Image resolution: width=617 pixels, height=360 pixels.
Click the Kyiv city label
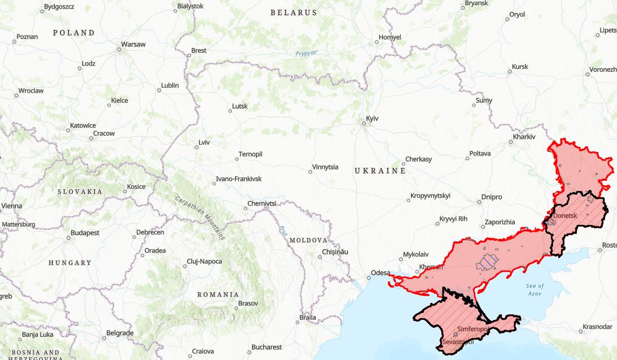(x=372, y=118)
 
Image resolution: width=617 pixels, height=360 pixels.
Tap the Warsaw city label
(x=133, y=44)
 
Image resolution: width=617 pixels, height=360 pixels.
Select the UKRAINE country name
(x=380, y=171)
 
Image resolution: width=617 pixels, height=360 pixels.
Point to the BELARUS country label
(x=294, y=12)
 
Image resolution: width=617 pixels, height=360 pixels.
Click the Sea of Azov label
(x=535, y=289)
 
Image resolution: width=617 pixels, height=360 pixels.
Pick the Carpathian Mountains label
(x=200, y=218)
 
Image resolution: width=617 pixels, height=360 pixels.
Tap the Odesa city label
(x=380, y=273)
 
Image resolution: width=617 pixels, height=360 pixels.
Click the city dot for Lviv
(x=196, y=148)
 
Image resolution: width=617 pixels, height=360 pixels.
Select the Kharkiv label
(x=524, y=137)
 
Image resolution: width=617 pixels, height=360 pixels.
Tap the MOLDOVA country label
(x=308, y=240)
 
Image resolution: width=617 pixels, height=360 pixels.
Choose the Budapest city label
(x=85, y=233)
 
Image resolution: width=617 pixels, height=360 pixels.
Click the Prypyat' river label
(x=307, y=54)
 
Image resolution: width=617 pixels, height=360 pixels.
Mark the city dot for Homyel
(x=377, y=42)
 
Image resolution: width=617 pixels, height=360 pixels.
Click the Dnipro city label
(x=491, y=197)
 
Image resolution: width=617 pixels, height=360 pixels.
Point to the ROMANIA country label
(x=218, y=294)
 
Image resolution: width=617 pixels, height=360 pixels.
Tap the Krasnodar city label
(x=597, y=327)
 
